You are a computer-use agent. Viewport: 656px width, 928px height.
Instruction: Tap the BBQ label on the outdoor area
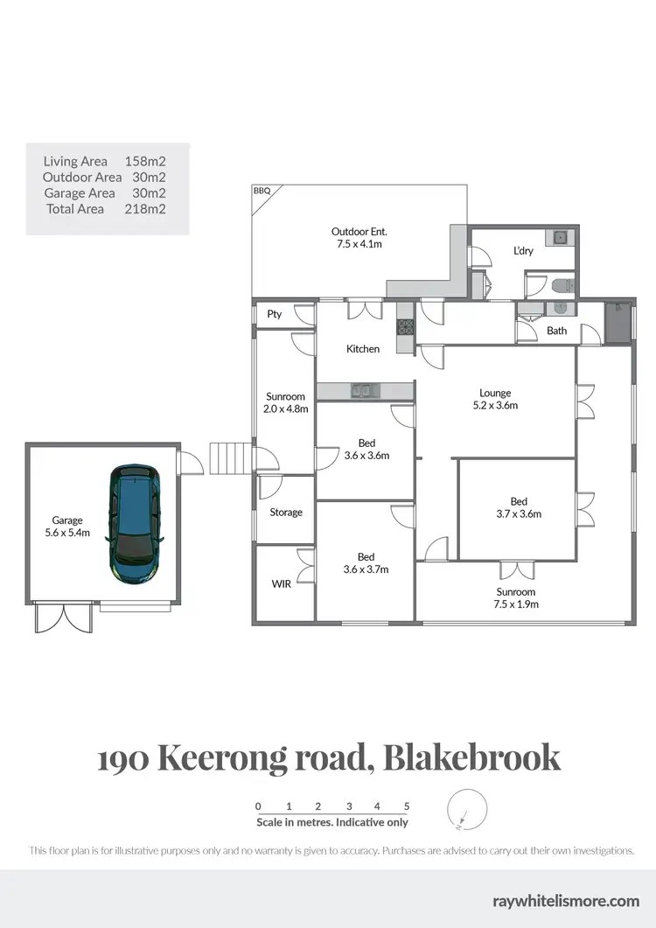(262, 190)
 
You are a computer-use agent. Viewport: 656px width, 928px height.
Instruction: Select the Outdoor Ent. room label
(359, 238)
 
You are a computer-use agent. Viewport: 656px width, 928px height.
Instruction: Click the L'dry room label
(523, 251)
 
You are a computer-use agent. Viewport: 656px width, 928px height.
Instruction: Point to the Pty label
(275, 314)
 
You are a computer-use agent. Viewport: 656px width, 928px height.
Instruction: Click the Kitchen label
(363, 349)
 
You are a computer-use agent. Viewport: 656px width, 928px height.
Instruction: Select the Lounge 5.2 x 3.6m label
(495, 399)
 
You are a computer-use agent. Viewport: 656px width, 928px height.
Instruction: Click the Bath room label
(556, 331)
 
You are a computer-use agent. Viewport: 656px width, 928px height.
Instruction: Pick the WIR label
(282, 584)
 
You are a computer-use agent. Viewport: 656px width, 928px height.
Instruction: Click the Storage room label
(286, 513)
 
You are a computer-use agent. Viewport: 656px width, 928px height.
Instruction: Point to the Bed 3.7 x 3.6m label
(519, 507)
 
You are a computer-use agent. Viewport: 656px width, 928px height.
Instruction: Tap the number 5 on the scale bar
(407, 806)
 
